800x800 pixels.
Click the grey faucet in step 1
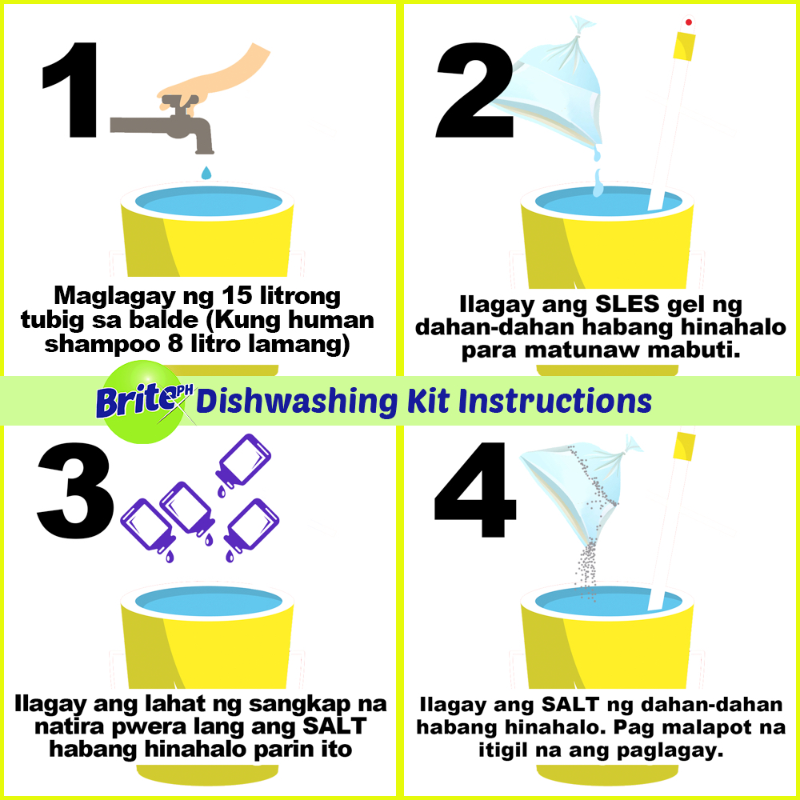pyautogui.click(x=168, y=125)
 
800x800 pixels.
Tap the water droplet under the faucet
pyautogui.click(x=206, y=173)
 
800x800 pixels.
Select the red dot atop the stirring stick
pyautogui.click(x=689, y=22)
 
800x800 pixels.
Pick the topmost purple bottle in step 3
pyautogui.click(x=243, y=462)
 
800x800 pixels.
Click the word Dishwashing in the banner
pyautogui.click(x=297, y=402)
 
